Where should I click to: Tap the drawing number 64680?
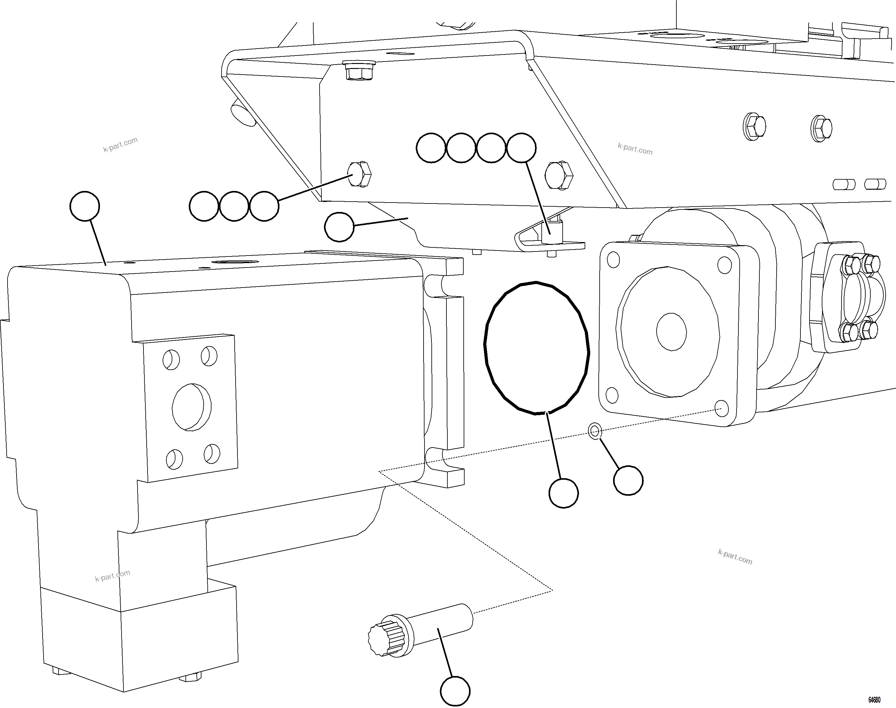[x=874, y=700]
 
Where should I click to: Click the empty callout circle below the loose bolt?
[x=455, y=691]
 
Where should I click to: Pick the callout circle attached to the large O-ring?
[x=563, y=493]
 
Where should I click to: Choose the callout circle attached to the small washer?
[x=628, y=480]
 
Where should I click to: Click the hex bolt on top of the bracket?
[x=359, y=71]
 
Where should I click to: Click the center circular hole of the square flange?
[x=671, y=331]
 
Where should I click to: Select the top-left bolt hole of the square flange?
[x=613, y=260]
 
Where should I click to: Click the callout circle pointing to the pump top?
[x=85, y=206]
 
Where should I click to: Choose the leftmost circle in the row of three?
[x=204, y=206]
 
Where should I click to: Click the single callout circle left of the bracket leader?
[x=339, y=227]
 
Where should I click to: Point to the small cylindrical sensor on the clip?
[x=551, y=233]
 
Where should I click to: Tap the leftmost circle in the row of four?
[x=431, y=148]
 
